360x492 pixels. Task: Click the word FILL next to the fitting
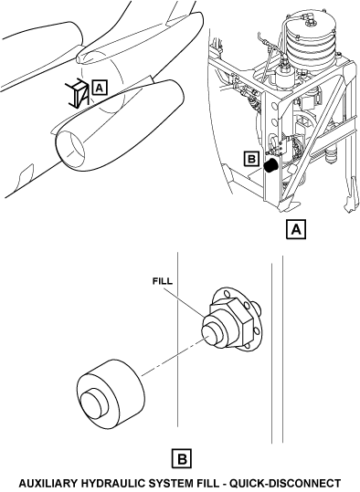(163, 281)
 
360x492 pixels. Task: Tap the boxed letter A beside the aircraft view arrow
(100, 88)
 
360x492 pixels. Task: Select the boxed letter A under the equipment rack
(296, 230)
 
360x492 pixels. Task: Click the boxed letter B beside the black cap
(251, 159)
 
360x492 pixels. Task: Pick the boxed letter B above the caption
(182, 459)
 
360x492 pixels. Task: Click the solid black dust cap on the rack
(270, 165)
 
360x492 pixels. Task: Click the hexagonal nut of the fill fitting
(232, 319)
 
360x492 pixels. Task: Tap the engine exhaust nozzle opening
(71, 149)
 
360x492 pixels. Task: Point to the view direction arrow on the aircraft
(77, 94)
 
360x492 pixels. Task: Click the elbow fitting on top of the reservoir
(311, 18)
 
